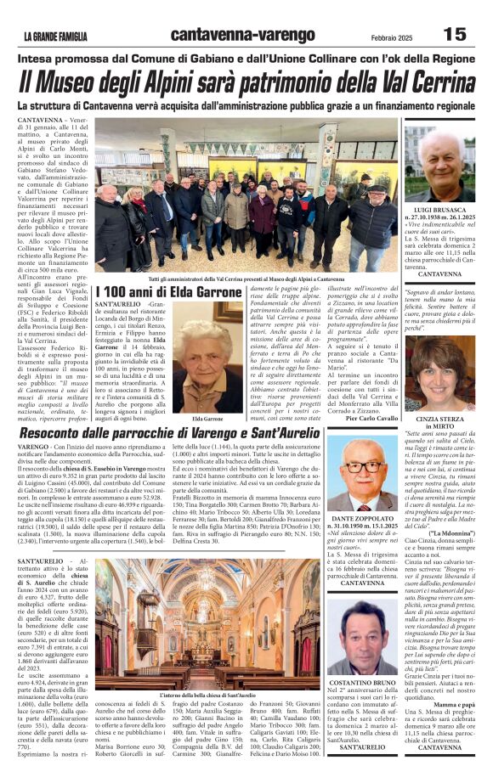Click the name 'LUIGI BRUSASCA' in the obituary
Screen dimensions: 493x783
pyautogui.click(x=440, y=208)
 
